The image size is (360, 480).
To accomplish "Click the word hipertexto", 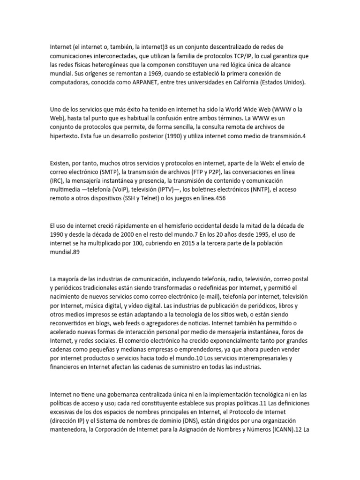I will (65, 136).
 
